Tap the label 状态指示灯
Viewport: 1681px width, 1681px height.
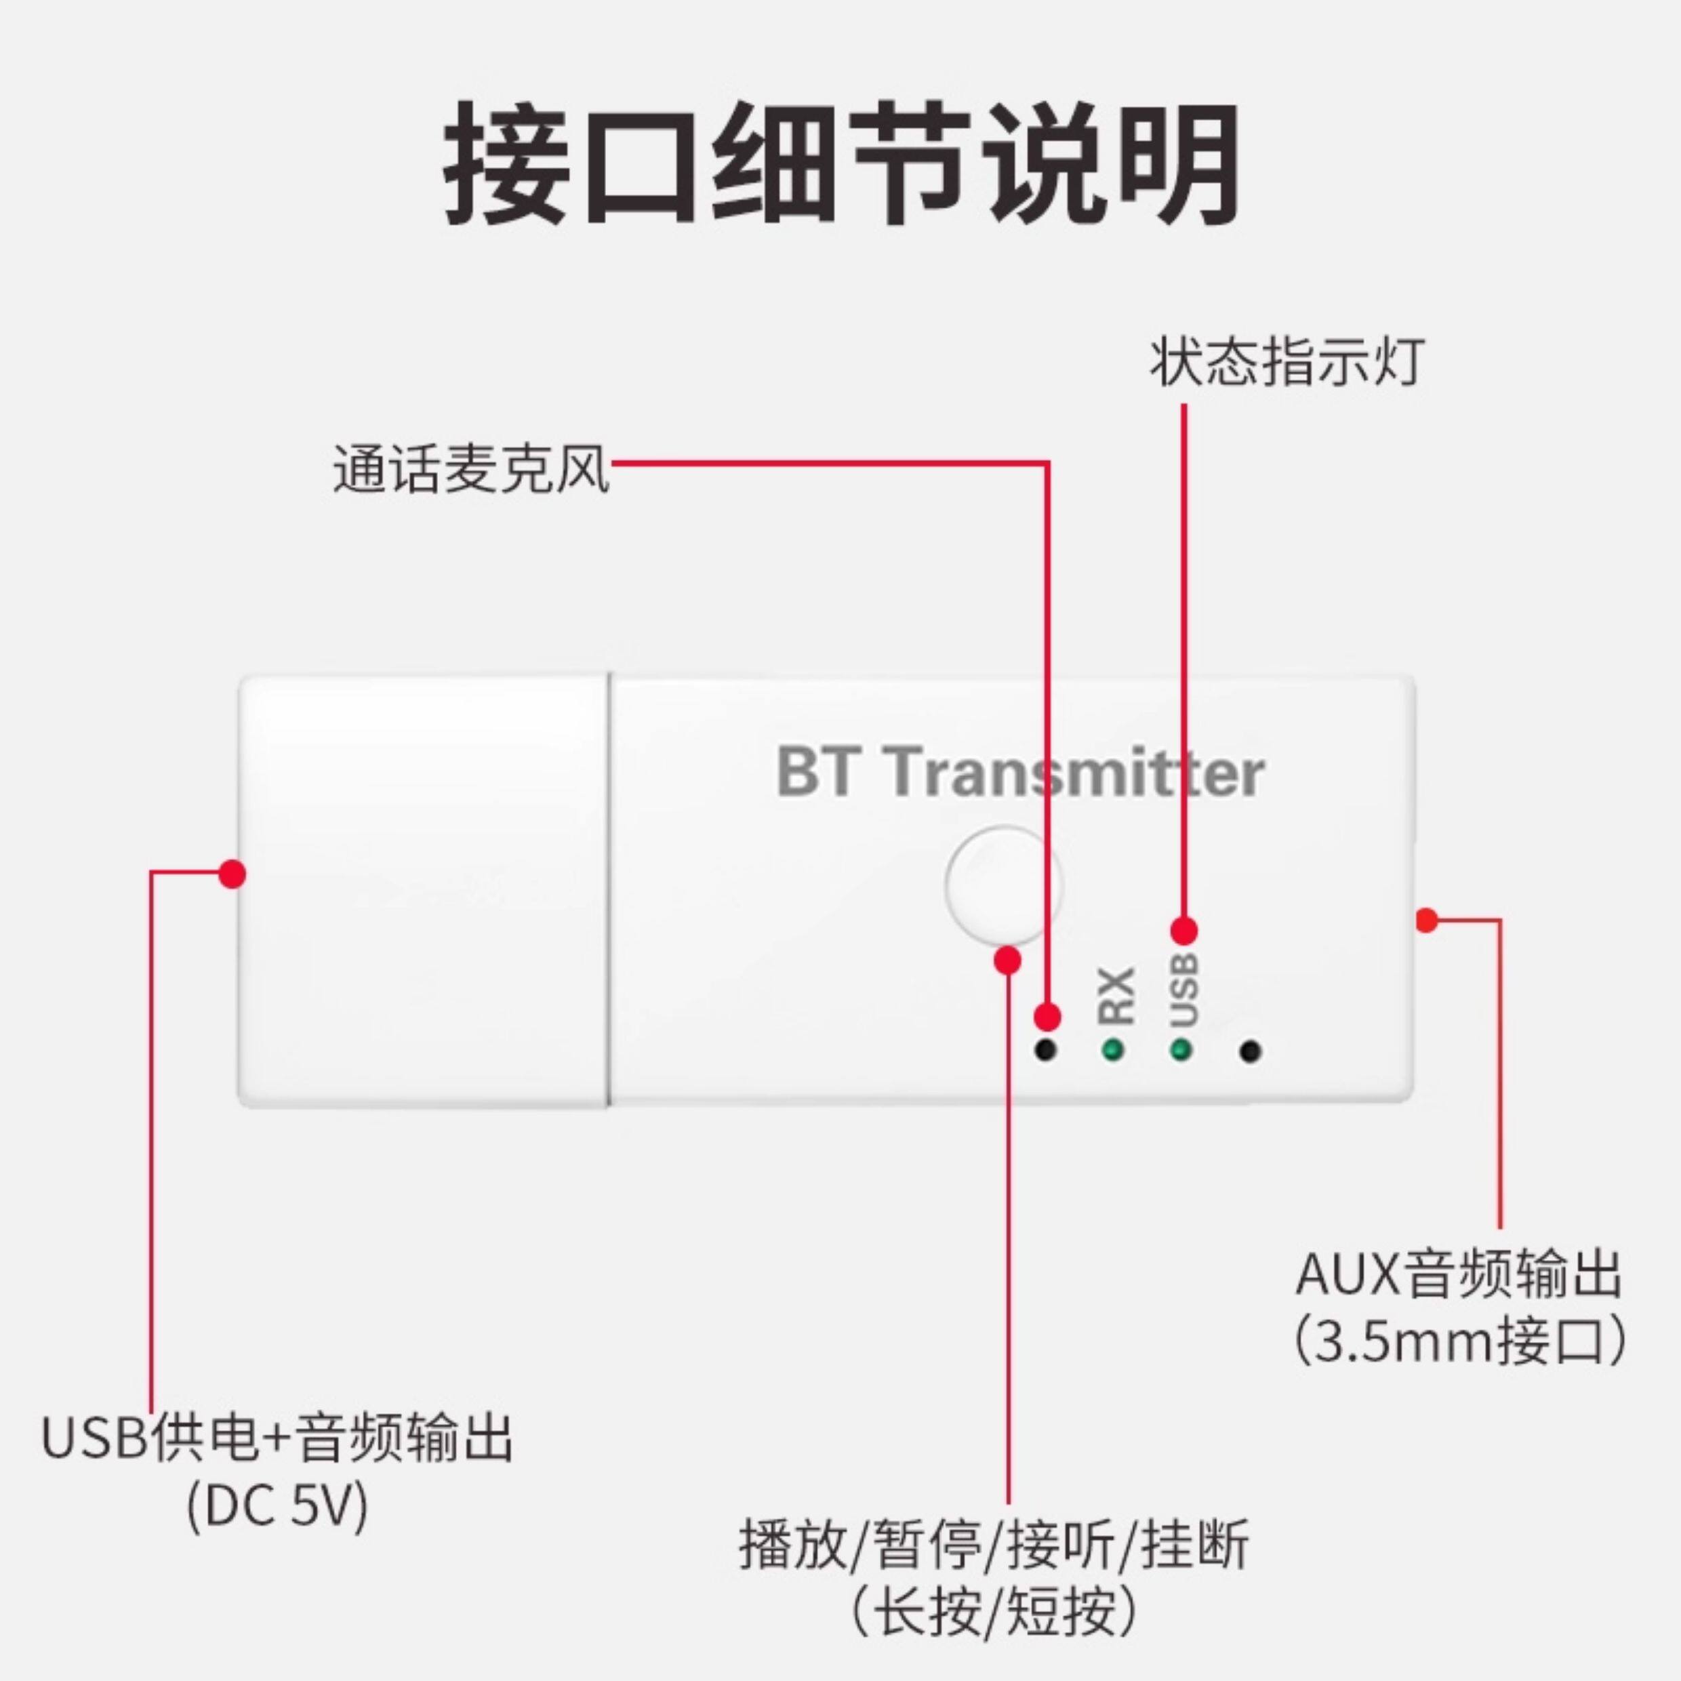coord(1287,363)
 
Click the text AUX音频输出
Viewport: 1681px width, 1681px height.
coord(1458,1275)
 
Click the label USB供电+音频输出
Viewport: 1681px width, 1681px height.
coord(277,1438)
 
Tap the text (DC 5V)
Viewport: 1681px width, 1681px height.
coord(277,1506)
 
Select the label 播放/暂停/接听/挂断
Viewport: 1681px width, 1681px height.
coord(994,1543)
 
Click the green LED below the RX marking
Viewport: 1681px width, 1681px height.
coord(1113,1049)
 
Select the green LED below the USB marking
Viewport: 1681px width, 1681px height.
coord(1181,1049)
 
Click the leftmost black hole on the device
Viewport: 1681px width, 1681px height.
coord(1047,1049)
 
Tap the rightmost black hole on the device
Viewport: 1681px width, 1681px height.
coord(1251,1051)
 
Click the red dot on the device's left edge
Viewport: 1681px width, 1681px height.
coord(231,874)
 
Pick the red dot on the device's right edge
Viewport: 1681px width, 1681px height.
coord(1426,920)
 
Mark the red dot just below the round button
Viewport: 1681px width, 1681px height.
coord(1007,960)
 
